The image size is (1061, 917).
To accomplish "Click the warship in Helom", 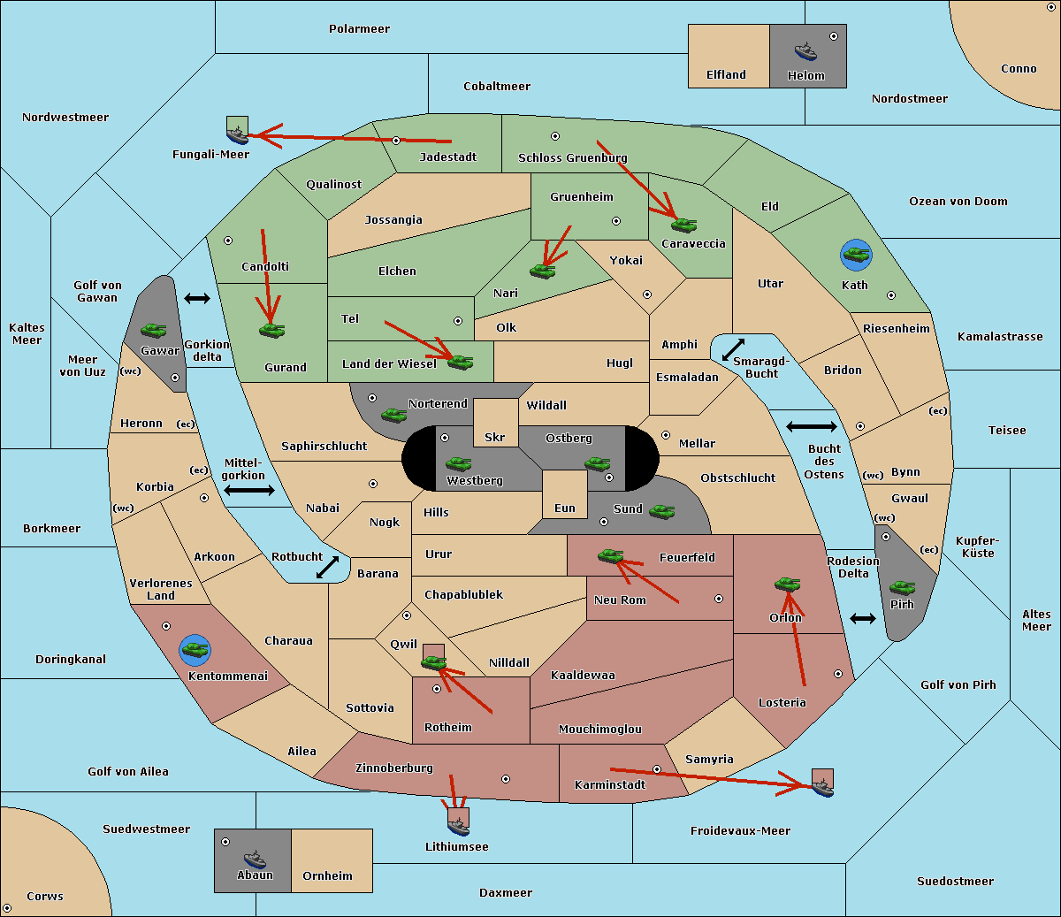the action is (805, 51).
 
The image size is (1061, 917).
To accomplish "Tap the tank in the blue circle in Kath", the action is (856, 255).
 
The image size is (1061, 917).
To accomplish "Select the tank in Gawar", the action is (153, 330).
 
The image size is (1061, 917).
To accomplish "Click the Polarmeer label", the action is (359, 29).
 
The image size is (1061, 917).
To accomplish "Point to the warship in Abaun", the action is (255, 859).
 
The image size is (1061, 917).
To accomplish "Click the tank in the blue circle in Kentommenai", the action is (195, 650).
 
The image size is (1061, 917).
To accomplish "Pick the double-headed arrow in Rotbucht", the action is (327, 567).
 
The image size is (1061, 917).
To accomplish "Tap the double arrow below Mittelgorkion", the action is (249, 490).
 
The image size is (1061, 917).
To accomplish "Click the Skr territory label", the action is (495, 437).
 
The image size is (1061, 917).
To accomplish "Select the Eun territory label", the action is (565, 508).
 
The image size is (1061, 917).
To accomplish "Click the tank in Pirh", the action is (902, 587).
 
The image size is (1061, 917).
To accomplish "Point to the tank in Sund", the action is (661, 511).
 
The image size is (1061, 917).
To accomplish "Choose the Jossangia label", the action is (393, 220).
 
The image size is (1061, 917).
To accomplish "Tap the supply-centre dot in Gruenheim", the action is (616, 221).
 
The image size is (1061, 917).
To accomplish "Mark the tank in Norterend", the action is (393, 415).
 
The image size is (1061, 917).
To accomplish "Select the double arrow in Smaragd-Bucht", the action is (733, 349).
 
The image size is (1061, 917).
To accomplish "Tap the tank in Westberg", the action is (458, 463).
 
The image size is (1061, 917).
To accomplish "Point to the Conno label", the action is (1019, 68).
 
